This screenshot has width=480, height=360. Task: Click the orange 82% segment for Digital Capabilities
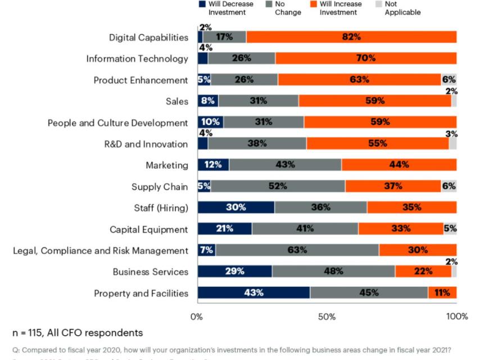[351, 37]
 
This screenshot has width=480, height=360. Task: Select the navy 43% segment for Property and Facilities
[253, 292]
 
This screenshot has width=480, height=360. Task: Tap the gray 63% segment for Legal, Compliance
[297, 250]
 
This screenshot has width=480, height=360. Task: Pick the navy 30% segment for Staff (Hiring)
[236, 208]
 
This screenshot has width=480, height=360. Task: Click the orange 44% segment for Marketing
[399, 165]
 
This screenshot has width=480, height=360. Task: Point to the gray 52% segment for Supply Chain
[278, 186]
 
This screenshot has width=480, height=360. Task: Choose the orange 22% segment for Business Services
[423, 272]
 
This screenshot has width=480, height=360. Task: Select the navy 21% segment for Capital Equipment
[225, 229]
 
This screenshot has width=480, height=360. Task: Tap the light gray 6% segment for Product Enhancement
[449, 80]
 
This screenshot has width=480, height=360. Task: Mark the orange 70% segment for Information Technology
[366, 58]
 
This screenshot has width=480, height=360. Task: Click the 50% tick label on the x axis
[327, 316]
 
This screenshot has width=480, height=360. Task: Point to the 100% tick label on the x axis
[456, 316]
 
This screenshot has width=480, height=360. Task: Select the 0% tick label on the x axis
[197, 316]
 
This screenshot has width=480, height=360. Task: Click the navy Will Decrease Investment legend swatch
[202, 4]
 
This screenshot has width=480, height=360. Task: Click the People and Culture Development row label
[117, 123]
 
